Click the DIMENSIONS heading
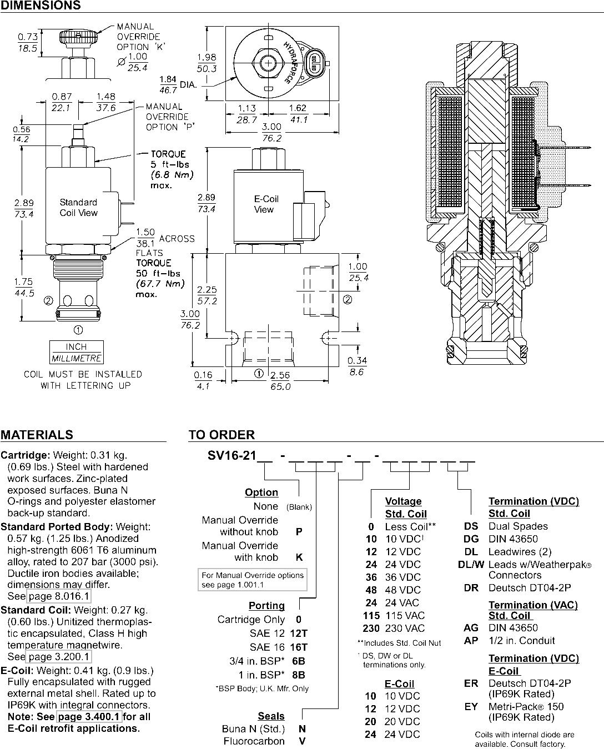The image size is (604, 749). [x=41, y=5]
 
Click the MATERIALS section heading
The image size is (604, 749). [x=37, y=435]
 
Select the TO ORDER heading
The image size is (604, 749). [x=222, y=435]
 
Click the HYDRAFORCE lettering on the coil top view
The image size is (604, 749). [x=292, y=63]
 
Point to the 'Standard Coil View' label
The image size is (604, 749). [x=79, y=208]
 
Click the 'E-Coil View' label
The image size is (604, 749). [x=266, y=204]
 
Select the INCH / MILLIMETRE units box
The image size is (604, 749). [x=76, y=352]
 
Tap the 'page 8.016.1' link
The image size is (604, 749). [x=59, y=596]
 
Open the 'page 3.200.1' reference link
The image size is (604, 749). [x=59, y=656]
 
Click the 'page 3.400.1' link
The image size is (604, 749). [x=89, y=717]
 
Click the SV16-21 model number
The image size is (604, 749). [x=232, y=456]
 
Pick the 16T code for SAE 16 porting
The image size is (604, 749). [x=299, y=647]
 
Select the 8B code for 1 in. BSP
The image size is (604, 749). [x=299, y=675]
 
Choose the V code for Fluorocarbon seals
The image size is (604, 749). [x=302, y=741]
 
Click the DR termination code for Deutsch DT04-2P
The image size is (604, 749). [x=471, y=588]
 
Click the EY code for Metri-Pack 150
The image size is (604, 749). [x=471, y=707]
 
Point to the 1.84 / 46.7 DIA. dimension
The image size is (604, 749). [x=178, y=84]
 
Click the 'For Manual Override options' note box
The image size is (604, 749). [x=253, y=580]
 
